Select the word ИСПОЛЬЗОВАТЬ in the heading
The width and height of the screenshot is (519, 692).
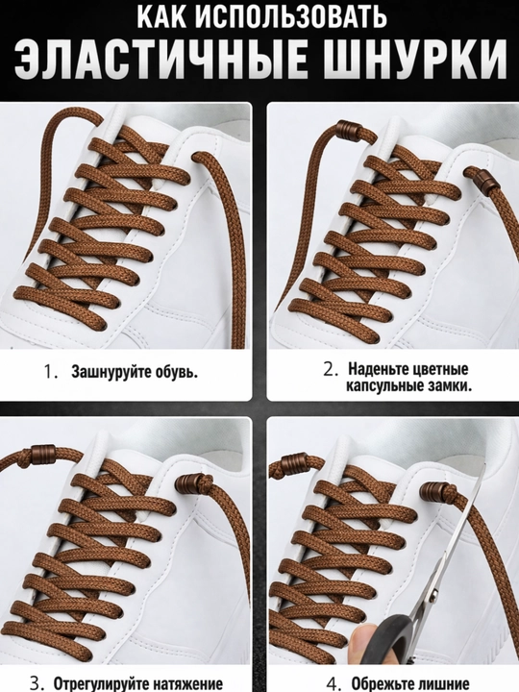292,16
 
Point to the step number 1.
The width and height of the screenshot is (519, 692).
50,372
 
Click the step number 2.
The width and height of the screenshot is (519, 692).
330,369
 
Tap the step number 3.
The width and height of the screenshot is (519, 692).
37,683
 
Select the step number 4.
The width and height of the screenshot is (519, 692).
335,683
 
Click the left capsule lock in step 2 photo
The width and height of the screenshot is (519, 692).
346,130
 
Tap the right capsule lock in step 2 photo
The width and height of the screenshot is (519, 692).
482,180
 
